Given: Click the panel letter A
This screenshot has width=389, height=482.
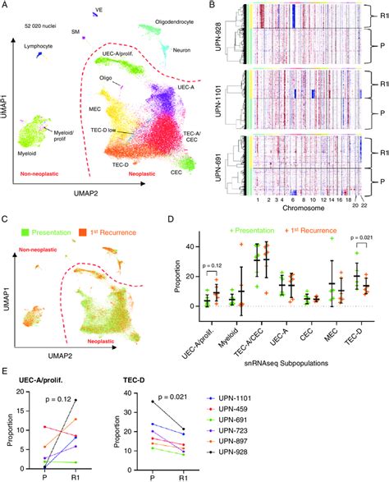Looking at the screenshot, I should point(6,7).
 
